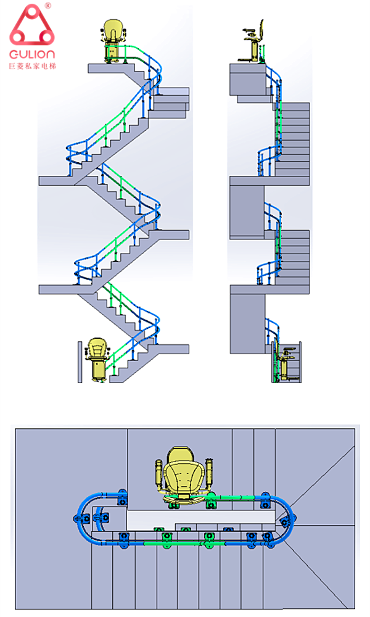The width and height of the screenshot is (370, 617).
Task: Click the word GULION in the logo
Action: tap(32, 54)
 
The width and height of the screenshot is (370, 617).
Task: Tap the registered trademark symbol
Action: tap(48, 6)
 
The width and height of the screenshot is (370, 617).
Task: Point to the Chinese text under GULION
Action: tap(32, 66)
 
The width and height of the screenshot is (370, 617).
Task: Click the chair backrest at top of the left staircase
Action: tap(112, 30)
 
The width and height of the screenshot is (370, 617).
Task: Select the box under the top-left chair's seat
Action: tap(112, 53)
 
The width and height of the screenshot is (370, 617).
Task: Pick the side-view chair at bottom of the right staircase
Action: tap(284, 362)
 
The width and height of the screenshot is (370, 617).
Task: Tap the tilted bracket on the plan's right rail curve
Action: tap(284, 522)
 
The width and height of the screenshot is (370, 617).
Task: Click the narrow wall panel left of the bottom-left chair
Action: tap(80, 362)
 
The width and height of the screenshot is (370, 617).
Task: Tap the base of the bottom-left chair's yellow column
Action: tap(97, 379)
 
